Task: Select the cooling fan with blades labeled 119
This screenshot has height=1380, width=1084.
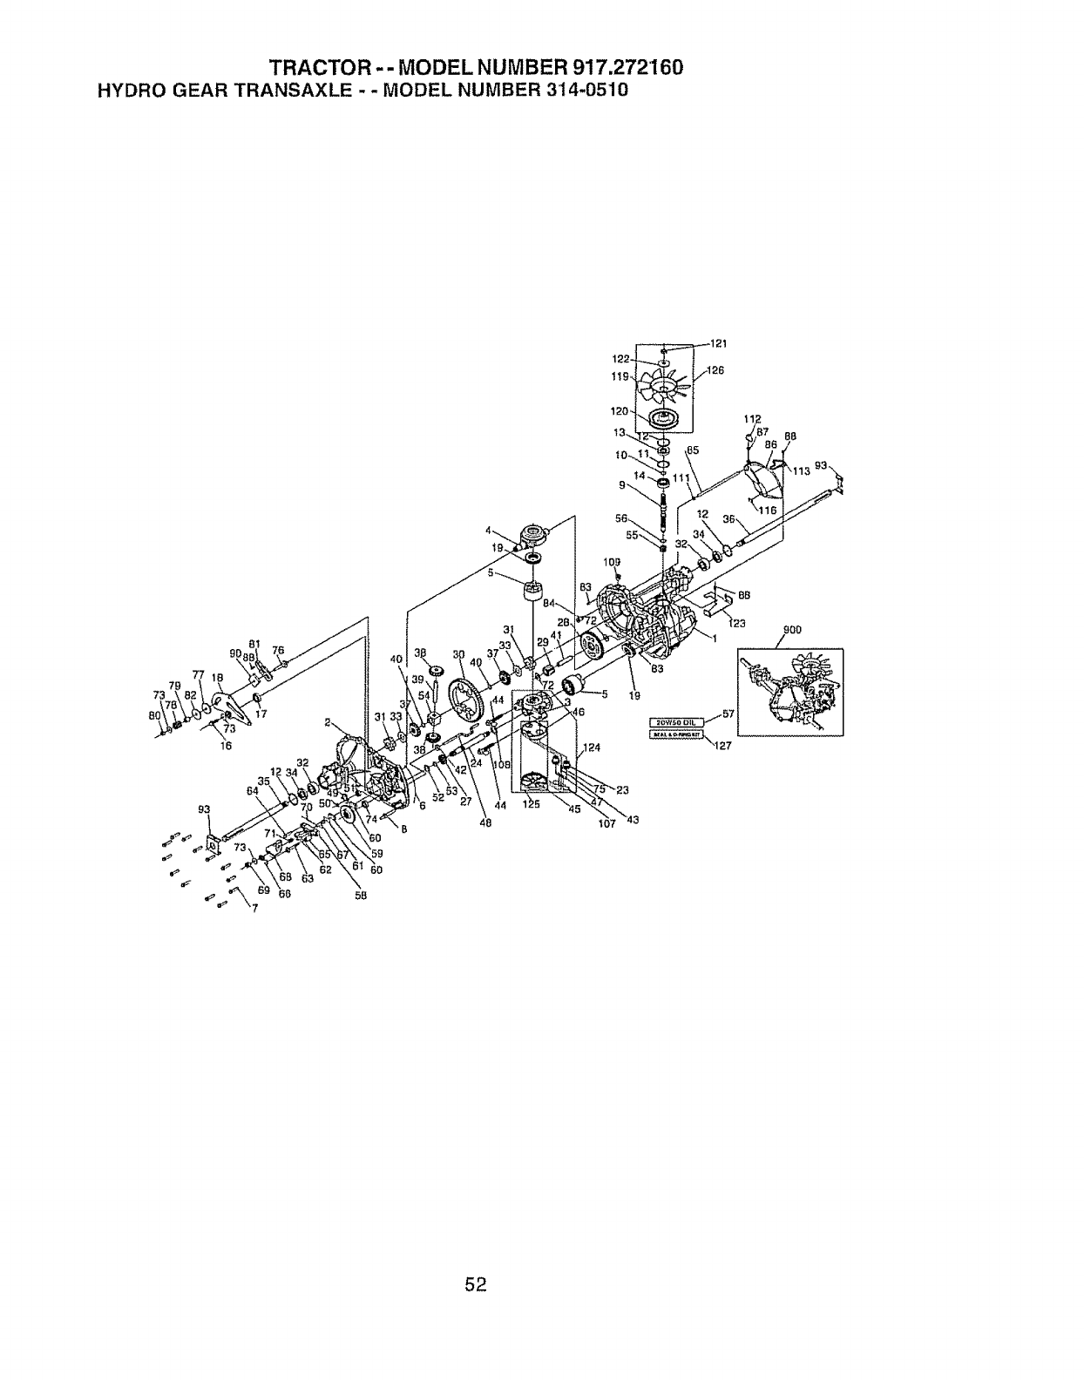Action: [662, 385]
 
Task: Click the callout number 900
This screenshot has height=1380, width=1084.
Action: [792, 630]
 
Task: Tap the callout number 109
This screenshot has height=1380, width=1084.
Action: [613, 562]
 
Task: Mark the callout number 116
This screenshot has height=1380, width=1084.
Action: [768, 511]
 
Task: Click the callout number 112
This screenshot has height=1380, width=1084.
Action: [753, 419]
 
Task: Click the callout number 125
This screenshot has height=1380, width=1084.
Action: [532, 805]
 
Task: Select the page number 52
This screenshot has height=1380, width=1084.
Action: [475, 1283]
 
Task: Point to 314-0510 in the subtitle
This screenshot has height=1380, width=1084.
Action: [580, 90]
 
